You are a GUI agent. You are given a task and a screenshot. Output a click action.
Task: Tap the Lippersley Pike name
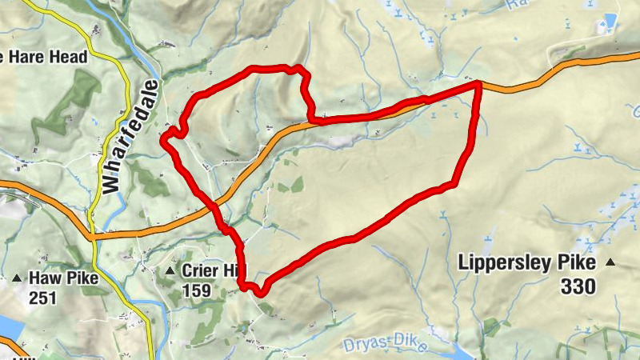tap(526, 262)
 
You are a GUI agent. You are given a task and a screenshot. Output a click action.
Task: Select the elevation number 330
tap(578, 286)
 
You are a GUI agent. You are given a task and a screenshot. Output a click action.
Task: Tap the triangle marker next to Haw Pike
tap(17, 278)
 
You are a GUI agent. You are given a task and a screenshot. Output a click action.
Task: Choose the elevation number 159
tap(195, 290)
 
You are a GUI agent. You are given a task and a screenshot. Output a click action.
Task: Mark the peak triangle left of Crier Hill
tap(169, 272)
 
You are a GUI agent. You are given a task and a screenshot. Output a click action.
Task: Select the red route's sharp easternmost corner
tap(478, 83)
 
